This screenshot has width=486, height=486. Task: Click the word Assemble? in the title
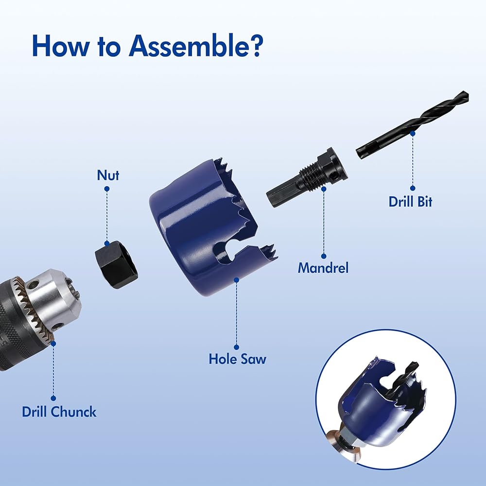[196, 46]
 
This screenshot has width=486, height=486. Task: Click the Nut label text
[108, 175]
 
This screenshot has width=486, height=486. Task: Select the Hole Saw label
[238, 359]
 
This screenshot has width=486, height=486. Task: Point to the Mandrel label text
[323, 268]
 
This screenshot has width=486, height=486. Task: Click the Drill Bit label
[410, 202]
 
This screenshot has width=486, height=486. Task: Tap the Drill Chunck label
[59, 412]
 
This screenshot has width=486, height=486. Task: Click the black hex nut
[117, 264]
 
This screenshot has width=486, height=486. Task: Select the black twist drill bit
[412, 125]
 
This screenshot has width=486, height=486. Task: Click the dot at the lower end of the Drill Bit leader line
[413, 188]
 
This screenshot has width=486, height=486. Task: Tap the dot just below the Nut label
[107, 189]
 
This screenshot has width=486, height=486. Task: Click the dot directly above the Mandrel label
[324, 256]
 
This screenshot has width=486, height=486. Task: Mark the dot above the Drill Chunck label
[53, 399]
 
